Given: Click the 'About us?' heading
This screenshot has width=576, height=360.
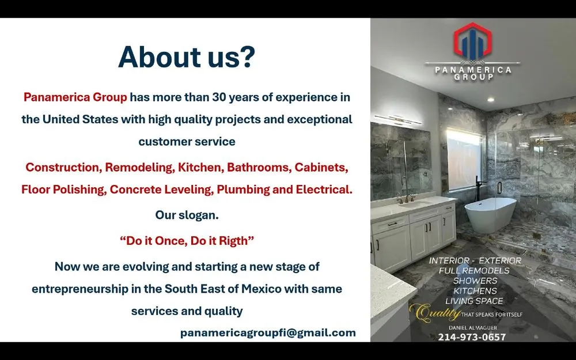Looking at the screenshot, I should tap(186, 58).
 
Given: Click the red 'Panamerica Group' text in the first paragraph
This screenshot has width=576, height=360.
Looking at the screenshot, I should tap(75, 97).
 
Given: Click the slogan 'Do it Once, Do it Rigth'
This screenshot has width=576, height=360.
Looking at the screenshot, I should tap(187, 241).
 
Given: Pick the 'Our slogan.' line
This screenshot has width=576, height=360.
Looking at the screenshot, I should tap(187, 215).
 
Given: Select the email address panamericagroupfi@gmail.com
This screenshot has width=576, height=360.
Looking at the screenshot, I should tap(268, 332).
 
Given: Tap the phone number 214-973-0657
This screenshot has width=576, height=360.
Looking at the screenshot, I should tap(472, 337).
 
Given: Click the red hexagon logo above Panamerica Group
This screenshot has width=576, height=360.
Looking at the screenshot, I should tap(472, 43).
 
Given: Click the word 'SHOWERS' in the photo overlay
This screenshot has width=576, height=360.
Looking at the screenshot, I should tap(475, 281).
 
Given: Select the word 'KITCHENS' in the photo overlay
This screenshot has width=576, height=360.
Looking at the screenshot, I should tap(475, 291).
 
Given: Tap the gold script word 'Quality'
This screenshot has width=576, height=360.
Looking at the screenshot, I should tap(435, 313).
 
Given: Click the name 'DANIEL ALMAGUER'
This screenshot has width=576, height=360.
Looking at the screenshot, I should tap(472, 327).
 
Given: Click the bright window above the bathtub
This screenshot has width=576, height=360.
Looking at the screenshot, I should tap(465, 159).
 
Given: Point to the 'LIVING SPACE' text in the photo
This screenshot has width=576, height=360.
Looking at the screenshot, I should tap(474, 301).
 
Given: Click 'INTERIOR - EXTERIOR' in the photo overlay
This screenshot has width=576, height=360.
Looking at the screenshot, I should tap(475, 260).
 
